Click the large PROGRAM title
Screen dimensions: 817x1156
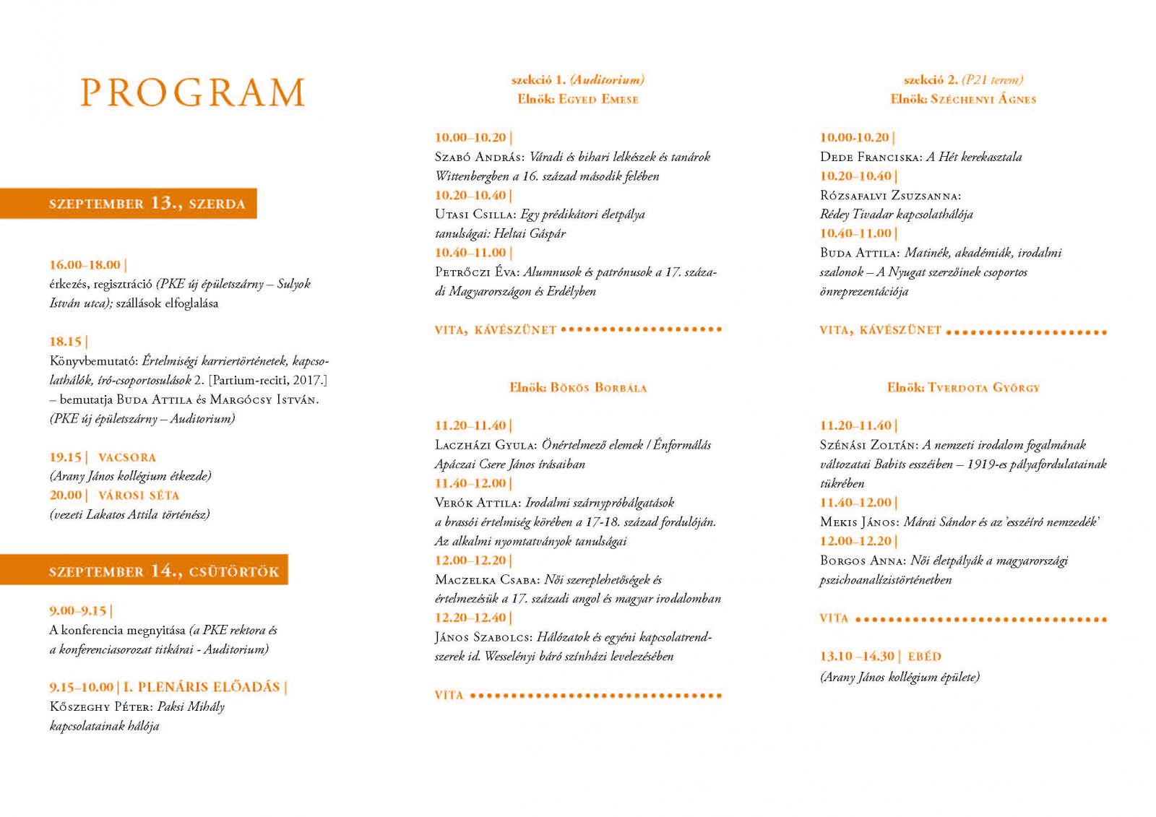[192, 92]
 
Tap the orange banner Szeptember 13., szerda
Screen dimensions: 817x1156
[147, 204]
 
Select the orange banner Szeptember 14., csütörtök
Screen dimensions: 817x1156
[163, 571]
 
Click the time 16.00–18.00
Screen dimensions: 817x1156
[85, 264]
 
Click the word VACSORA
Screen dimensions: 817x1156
[127, 457]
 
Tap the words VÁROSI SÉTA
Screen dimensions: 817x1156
[139, 496]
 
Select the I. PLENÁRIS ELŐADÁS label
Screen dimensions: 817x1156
[202, 687]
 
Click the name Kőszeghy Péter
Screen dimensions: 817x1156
[100, 706]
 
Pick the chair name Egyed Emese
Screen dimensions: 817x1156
[598, 99]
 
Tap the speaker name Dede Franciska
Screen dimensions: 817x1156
[870, 157]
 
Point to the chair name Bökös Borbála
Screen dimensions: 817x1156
[598, 387]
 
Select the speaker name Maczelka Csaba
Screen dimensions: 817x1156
[487, 579]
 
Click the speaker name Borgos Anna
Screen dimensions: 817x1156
[862, 561]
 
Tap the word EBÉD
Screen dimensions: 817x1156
[924, 657]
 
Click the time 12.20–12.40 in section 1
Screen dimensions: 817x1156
[470, 618]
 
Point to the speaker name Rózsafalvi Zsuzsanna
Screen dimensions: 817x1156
[890, 195]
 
